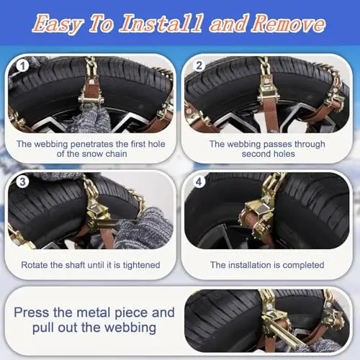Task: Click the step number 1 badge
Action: [x=23, y=66]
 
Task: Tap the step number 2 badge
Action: [x=199, y=66]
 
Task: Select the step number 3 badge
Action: [x=22, y=181]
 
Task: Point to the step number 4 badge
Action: [x=199, y=182]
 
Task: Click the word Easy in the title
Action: [x=58, y=24]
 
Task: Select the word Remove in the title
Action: [x=289, y=23]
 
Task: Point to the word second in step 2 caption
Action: [x=256, y=154]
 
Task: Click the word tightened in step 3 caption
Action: [x=141, y=265]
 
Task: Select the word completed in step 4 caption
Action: [x=303, y=265]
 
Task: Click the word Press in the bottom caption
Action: [x=32, y=312]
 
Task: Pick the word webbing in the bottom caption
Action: [x=130, y=328]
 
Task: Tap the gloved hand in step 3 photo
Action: [x=142, y=228]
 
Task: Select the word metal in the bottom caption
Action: [x=94, y=312]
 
